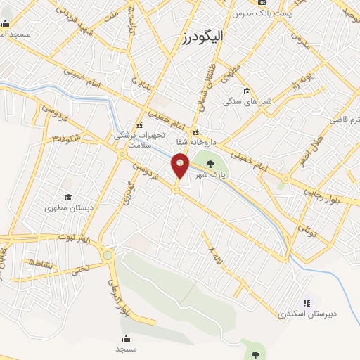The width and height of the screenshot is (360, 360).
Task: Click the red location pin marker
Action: pyautogui.click(x=180, y=167)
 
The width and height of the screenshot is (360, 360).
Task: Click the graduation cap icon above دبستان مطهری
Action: pyautogui.click(x=68, y=197)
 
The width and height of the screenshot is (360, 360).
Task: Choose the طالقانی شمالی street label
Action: pyautogui.click(x=209, y=97)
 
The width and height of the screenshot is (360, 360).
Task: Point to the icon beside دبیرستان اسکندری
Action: pyautogui.click(x=307, y=303)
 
